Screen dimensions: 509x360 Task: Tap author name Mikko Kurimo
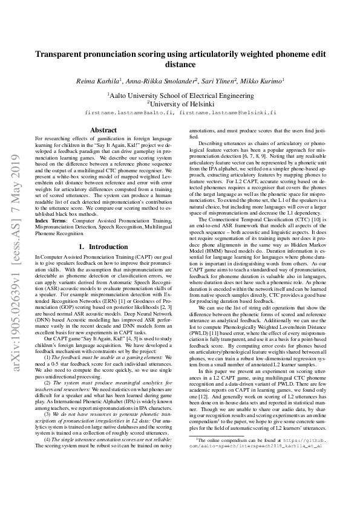tap(264, 80)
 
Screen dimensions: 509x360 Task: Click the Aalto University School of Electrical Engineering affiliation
tap(180, 95)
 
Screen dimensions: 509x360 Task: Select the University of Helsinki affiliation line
tap(180, 103)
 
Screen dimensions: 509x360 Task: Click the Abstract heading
tap(103, 130)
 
